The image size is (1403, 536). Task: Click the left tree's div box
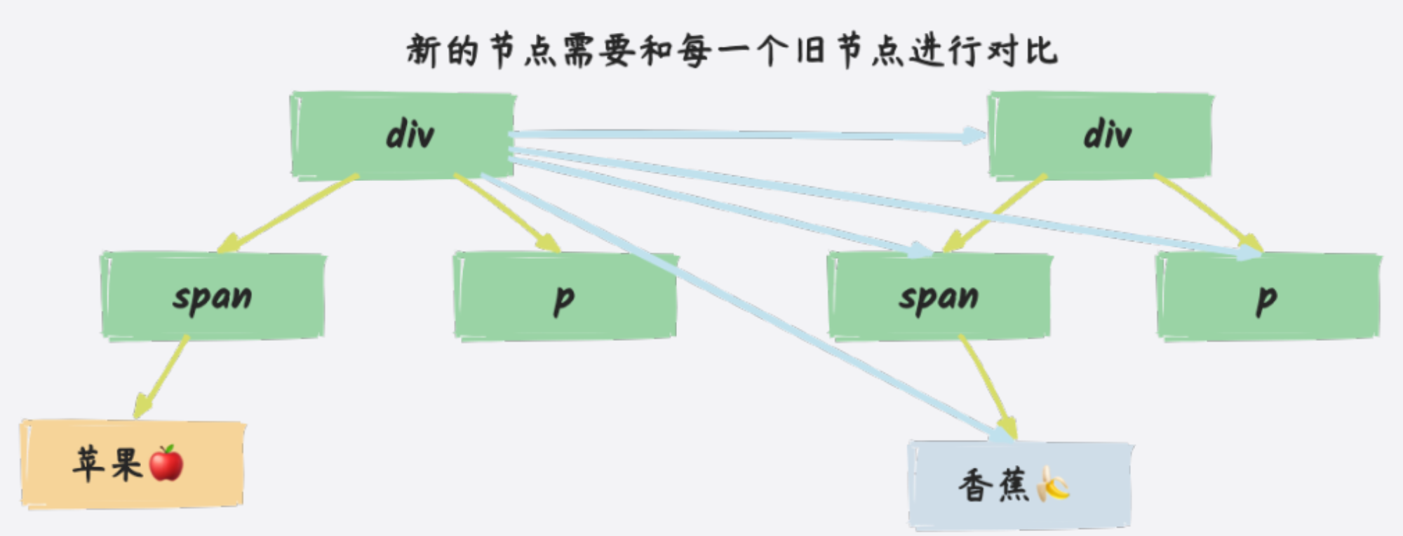(403, 135)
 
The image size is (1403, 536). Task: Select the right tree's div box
(1101, 135)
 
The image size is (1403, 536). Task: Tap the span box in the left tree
(213, 296)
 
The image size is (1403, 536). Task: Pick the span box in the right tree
(940, 296)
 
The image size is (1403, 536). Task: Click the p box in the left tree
(565, 296)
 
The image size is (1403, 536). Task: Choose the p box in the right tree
(1268, 296)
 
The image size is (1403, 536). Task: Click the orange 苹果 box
(133, 464)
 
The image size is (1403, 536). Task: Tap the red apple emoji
(166, 463)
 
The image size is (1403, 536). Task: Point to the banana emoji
(1054, 484)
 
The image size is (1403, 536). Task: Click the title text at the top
(732, 51)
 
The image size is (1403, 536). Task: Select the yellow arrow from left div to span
(288, 213)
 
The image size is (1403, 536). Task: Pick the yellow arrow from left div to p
(507, 213)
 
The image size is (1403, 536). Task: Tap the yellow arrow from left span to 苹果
(161, 377)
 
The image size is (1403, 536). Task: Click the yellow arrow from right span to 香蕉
(988, 387)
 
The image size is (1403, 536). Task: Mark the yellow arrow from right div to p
(1208, 213)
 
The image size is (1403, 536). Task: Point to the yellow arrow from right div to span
(995, 213)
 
